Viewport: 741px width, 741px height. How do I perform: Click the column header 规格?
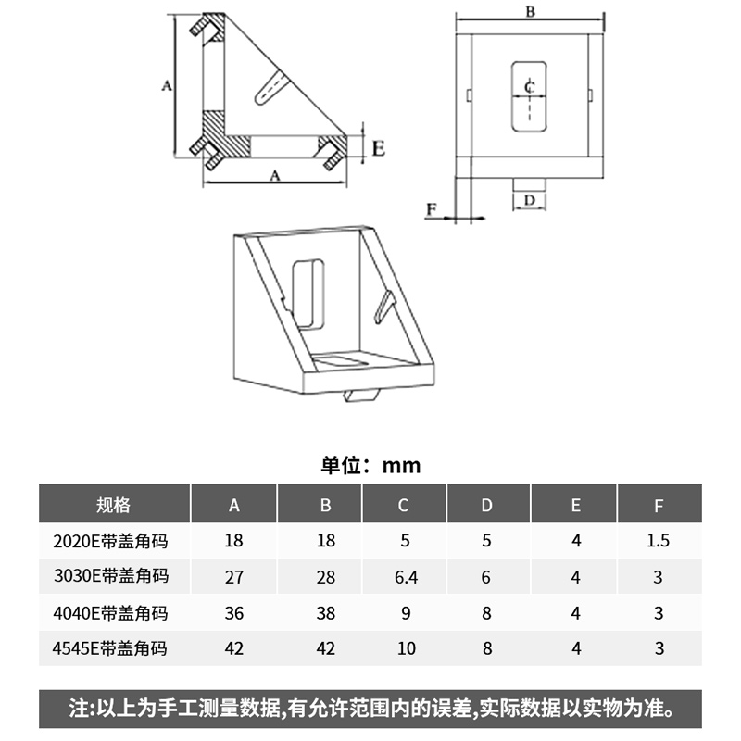click(113, 505)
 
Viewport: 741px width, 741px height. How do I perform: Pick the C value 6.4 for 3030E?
click(406, 577)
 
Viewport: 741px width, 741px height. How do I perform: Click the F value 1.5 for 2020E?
click(659, 541)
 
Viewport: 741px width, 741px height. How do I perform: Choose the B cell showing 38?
click(325, 613)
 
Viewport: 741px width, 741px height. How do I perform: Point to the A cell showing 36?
click(233, 613)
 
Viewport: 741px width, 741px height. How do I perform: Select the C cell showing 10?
click(406, 648)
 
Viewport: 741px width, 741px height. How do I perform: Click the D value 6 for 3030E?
click(487, 577)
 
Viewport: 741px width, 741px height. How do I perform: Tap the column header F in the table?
click(659, 505)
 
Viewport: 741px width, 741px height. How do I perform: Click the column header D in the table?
click(487, 505)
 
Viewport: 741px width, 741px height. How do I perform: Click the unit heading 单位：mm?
click(370, 465)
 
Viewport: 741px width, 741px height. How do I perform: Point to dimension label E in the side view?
click(379, 146)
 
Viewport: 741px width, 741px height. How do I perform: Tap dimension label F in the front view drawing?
click(431, 210)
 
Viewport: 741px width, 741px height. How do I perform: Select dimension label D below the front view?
click(529, 199)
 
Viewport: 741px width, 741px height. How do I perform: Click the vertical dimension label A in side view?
click(166, 86)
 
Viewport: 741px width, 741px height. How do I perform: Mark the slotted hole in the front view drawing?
click(529, 94)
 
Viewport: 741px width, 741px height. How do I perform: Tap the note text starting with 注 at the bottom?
click(370, 710)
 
